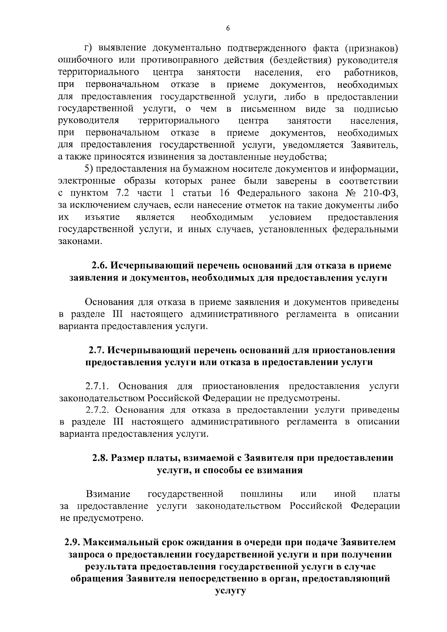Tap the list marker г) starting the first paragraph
[88, 49]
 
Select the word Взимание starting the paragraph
[108, 494]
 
